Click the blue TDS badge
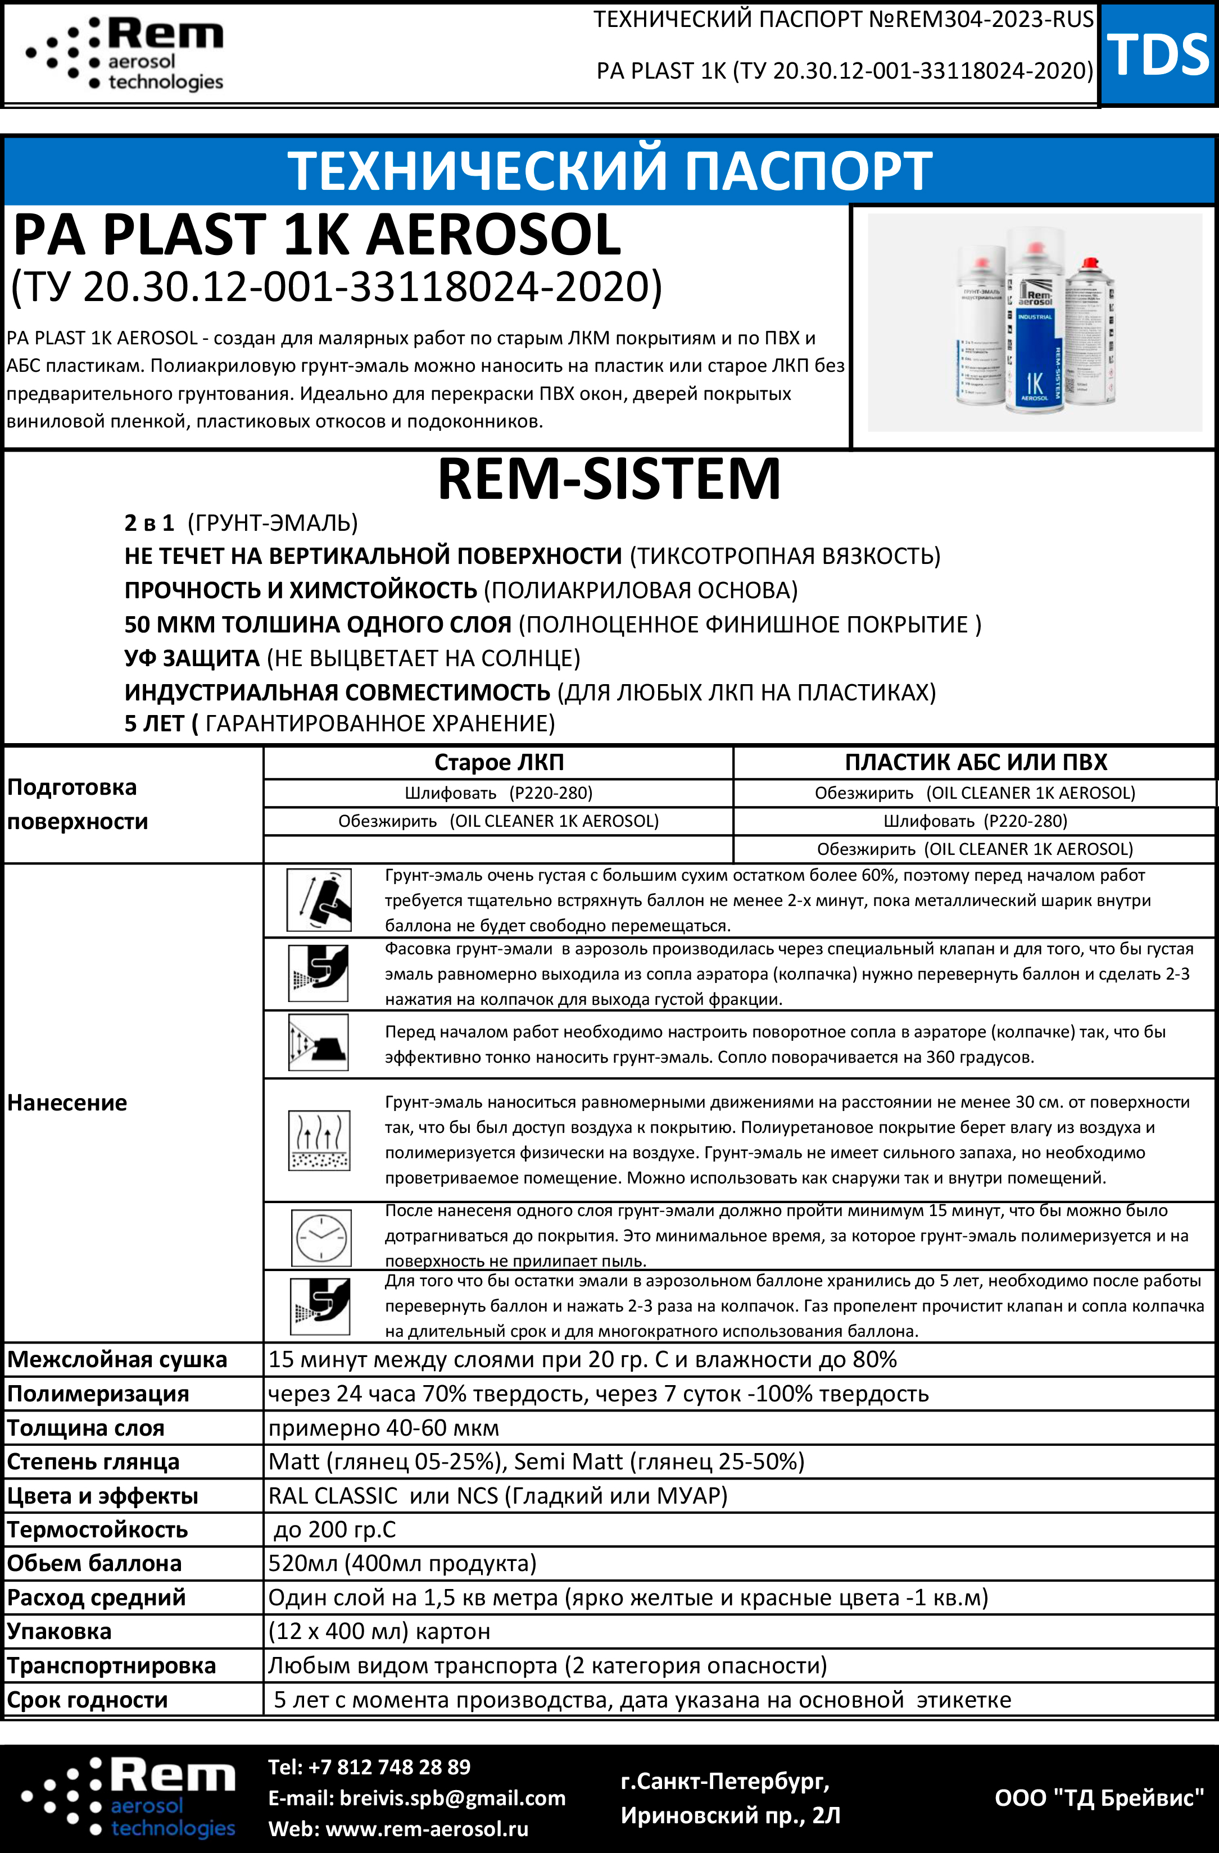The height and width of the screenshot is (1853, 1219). [x=1158, y=54]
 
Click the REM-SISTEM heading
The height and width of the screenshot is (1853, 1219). [x=609, y=478]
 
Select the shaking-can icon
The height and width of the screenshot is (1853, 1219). [x=319, y=900]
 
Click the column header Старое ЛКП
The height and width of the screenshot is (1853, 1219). [x=499, y=762]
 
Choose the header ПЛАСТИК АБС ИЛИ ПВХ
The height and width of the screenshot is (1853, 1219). [x=975, y=762]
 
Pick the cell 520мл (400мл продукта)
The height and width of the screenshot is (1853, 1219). [x=402, y=1563]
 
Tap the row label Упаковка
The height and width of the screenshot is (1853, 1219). [x=59, y=1631]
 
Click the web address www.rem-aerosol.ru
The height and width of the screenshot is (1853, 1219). [x=427, y=1829]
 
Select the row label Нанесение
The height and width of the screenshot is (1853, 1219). [x=67, y=1103]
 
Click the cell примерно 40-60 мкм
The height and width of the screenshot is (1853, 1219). [x=383, y=1428]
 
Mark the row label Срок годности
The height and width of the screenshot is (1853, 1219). [x=87, y=1700]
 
